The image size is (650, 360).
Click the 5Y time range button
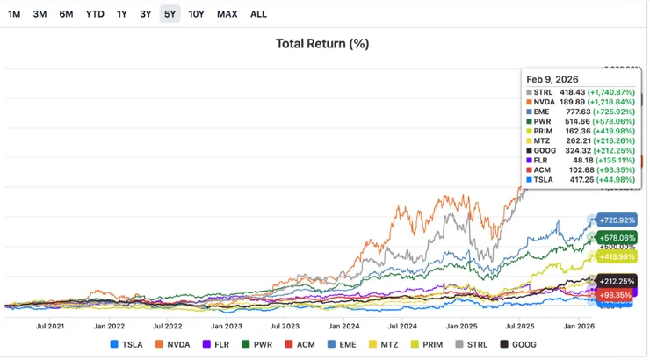170,14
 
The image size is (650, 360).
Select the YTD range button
95,14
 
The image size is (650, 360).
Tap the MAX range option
227,14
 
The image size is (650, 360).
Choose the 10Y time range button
197,14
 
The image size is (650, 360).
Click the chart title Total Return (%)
322,44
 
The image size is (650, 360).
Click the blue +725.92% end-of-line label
616,220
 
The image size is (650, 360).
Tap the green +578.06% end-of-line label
616,238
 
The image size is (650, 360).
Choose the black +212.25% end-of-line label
616,281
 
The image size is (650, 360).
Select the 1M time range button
15,14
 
